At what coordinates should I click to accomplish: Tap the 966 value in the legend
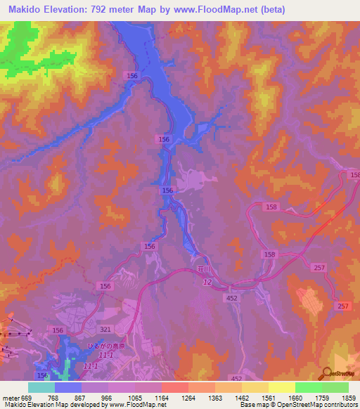(108, 397)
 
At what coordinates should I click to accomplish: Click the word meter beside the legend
(11, 397)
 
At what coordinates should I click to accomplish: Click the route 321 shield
(105, 328)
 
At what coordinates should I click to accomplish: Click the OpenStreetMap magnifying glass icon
(326, 374)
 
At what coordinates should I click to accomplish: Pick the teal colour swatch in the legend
(41, 387)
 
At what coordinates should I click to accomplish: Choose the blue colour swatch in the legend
(68, 387)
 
